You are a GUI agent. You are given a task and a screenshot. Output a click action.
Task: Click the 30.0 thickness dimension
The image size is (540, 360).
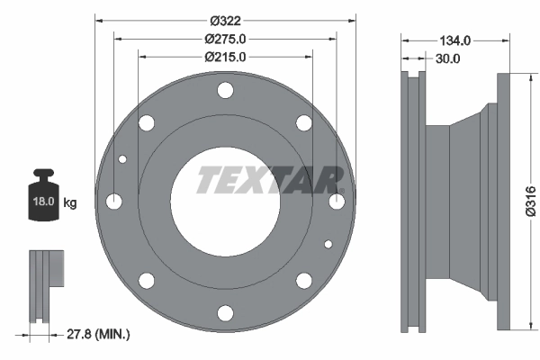tap(448, 58)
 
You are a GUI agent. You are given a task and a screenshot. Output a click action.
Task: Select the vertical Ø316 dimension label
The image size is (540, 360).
tap(530, 201)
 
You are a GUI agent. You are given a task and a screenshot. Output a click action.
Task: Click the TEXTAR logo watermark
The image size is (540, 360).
tap(270, 179)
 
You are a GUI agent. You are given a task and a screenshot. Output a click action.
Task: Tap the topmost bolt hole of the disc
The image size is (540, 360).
tap(225, 90)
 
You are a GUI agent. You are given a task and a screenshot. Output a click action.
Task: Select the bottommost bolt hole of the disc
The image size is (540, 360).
tap(225, 312)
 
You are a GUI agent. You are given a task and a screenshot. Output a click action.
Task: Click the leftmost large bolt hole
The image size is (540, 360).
tap(114, 202)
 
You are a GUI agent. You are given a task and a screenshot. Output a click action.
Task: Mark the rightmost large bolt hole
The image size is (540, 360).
tap(337, 202)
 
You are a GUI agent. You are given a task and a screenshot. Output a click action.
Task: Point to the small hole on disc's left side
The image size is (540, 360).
tap(123, 160)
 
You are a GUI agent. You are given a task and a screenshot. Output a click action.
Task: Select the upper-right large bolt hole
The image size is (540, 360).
tap(304, 122)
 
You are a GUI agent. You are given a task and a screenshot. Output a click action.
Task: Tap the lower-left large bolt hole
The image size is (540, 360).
tap(146, 280)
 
